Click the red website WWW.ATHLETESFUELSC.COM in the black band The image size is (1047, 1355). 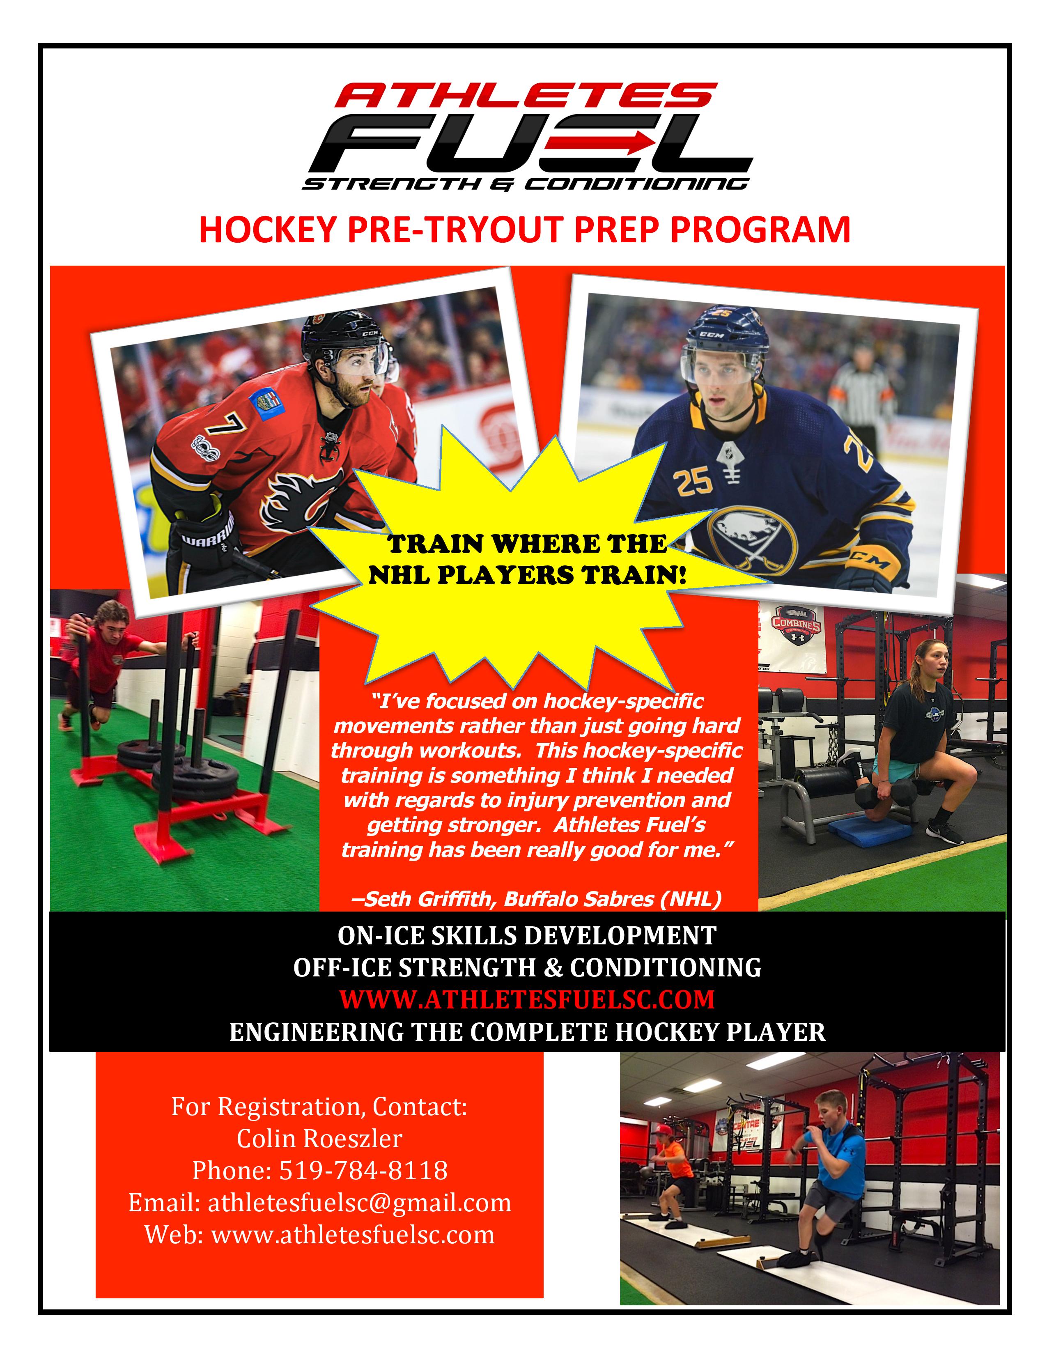pyautogui.click(x=527, y=999)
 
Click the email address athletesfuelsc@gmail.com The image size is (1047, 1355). pyautogui.click(x=359, y=1202)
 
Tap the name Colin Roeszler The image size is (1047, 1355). pyautogui.click(x=319, y=1138)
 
